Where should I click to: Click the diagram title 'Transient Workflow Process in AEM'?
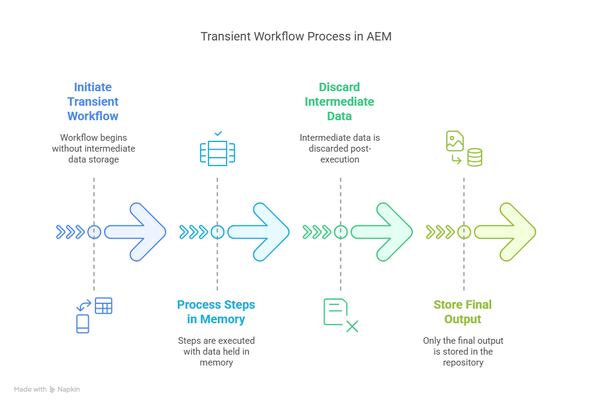296,36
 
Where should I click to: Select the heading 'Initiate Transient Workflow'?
93,101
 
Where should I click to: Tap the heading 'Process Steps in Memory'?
216,312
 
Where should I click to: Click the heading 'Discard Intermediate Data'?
339,101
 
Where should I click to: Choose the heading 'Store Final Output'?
462,312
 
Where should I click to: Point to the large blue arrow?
136,232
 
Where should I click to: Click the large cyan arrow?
260,232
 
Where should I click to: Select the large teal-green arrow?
383,232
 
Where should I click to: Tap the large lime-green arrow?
507,232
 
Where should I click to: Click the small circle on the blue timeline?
94,232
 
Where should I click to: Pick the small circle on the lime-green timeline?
464,232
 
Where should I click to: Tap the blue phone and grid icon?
94,315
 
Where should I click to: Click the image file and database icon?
464,149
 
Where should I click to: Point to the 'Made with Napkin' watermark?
47,390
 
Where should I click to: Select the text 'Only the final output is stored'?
462,352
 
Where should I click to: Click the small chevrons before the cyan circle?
193,232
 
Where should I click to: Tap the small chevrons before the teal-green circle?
317,232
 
